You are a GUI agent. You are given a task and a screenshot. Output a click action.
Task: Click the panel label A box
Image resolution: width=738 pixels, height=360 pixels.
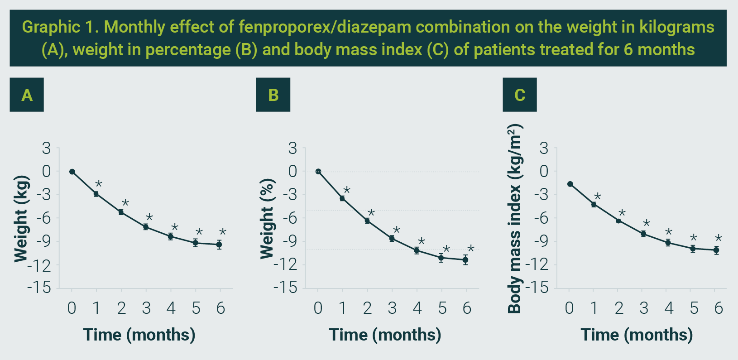click(27, 95)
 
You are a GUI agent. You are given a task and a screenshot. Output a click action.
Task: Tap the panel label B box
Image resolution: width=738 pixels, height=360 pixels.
click(273, 95)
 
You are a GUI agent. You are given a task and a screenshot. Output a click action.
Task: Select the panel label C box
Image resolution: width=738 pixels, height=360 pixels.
click(519, 95)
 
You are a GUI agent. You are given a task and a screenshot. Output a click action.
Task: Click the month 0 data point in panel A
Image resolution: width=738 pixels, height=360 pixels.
click(72, 172)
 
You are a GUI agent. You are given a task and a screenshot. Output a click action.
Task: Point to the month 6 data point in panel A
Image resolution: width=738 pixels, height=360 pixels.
click(219, 245)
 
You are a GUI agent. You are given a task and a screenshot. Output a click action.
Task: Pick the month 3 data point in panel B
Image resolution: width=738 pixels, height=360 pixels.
click(392, 238)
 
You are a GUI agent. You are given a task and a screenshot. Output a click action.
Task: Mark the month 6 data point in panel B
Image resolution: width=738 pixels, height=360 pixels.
click(465, 260)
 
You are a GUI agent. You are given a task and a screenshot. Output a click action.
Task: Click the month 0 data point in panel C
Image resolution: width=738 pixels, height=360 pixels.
click(570, 184)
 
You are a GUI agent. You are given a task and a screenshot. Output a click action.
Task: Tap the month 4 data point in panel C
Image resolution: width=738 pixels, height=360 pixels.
click(668, 243)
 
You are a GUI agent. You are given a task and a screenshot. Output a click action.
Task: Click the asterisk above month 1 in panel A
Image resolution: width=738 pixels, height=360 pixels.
click(99, 184)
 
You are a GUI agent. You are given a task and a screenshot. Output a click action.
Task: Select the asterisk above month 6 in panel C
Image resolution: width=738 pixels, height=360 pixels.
click(718, 239)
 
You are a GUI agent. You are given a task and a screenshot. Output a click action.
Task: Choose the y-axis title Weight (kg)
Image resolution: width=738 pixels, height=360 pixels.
click(21, 219)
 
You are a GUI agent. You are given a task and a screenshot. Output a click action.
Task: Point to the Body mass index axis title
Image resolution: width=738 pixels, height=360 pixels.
click(515, 219)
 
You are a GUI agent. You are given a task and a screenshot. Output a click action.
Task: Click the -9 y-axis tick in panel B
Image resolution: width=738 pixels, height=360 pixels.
click(289, 241)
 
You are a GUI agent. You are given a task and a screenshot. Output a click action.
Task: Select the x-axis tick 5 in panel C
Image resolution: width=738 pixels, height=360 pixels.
click(694, 308)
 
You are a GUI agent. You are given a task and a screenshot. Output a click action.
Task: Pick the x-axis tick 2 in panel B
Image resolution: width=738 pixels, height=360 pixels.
click(367, 308)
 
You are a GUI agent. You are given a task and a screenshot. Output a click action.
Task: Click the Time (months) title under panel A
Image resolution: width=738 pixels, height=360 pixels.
click(139, 335)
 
